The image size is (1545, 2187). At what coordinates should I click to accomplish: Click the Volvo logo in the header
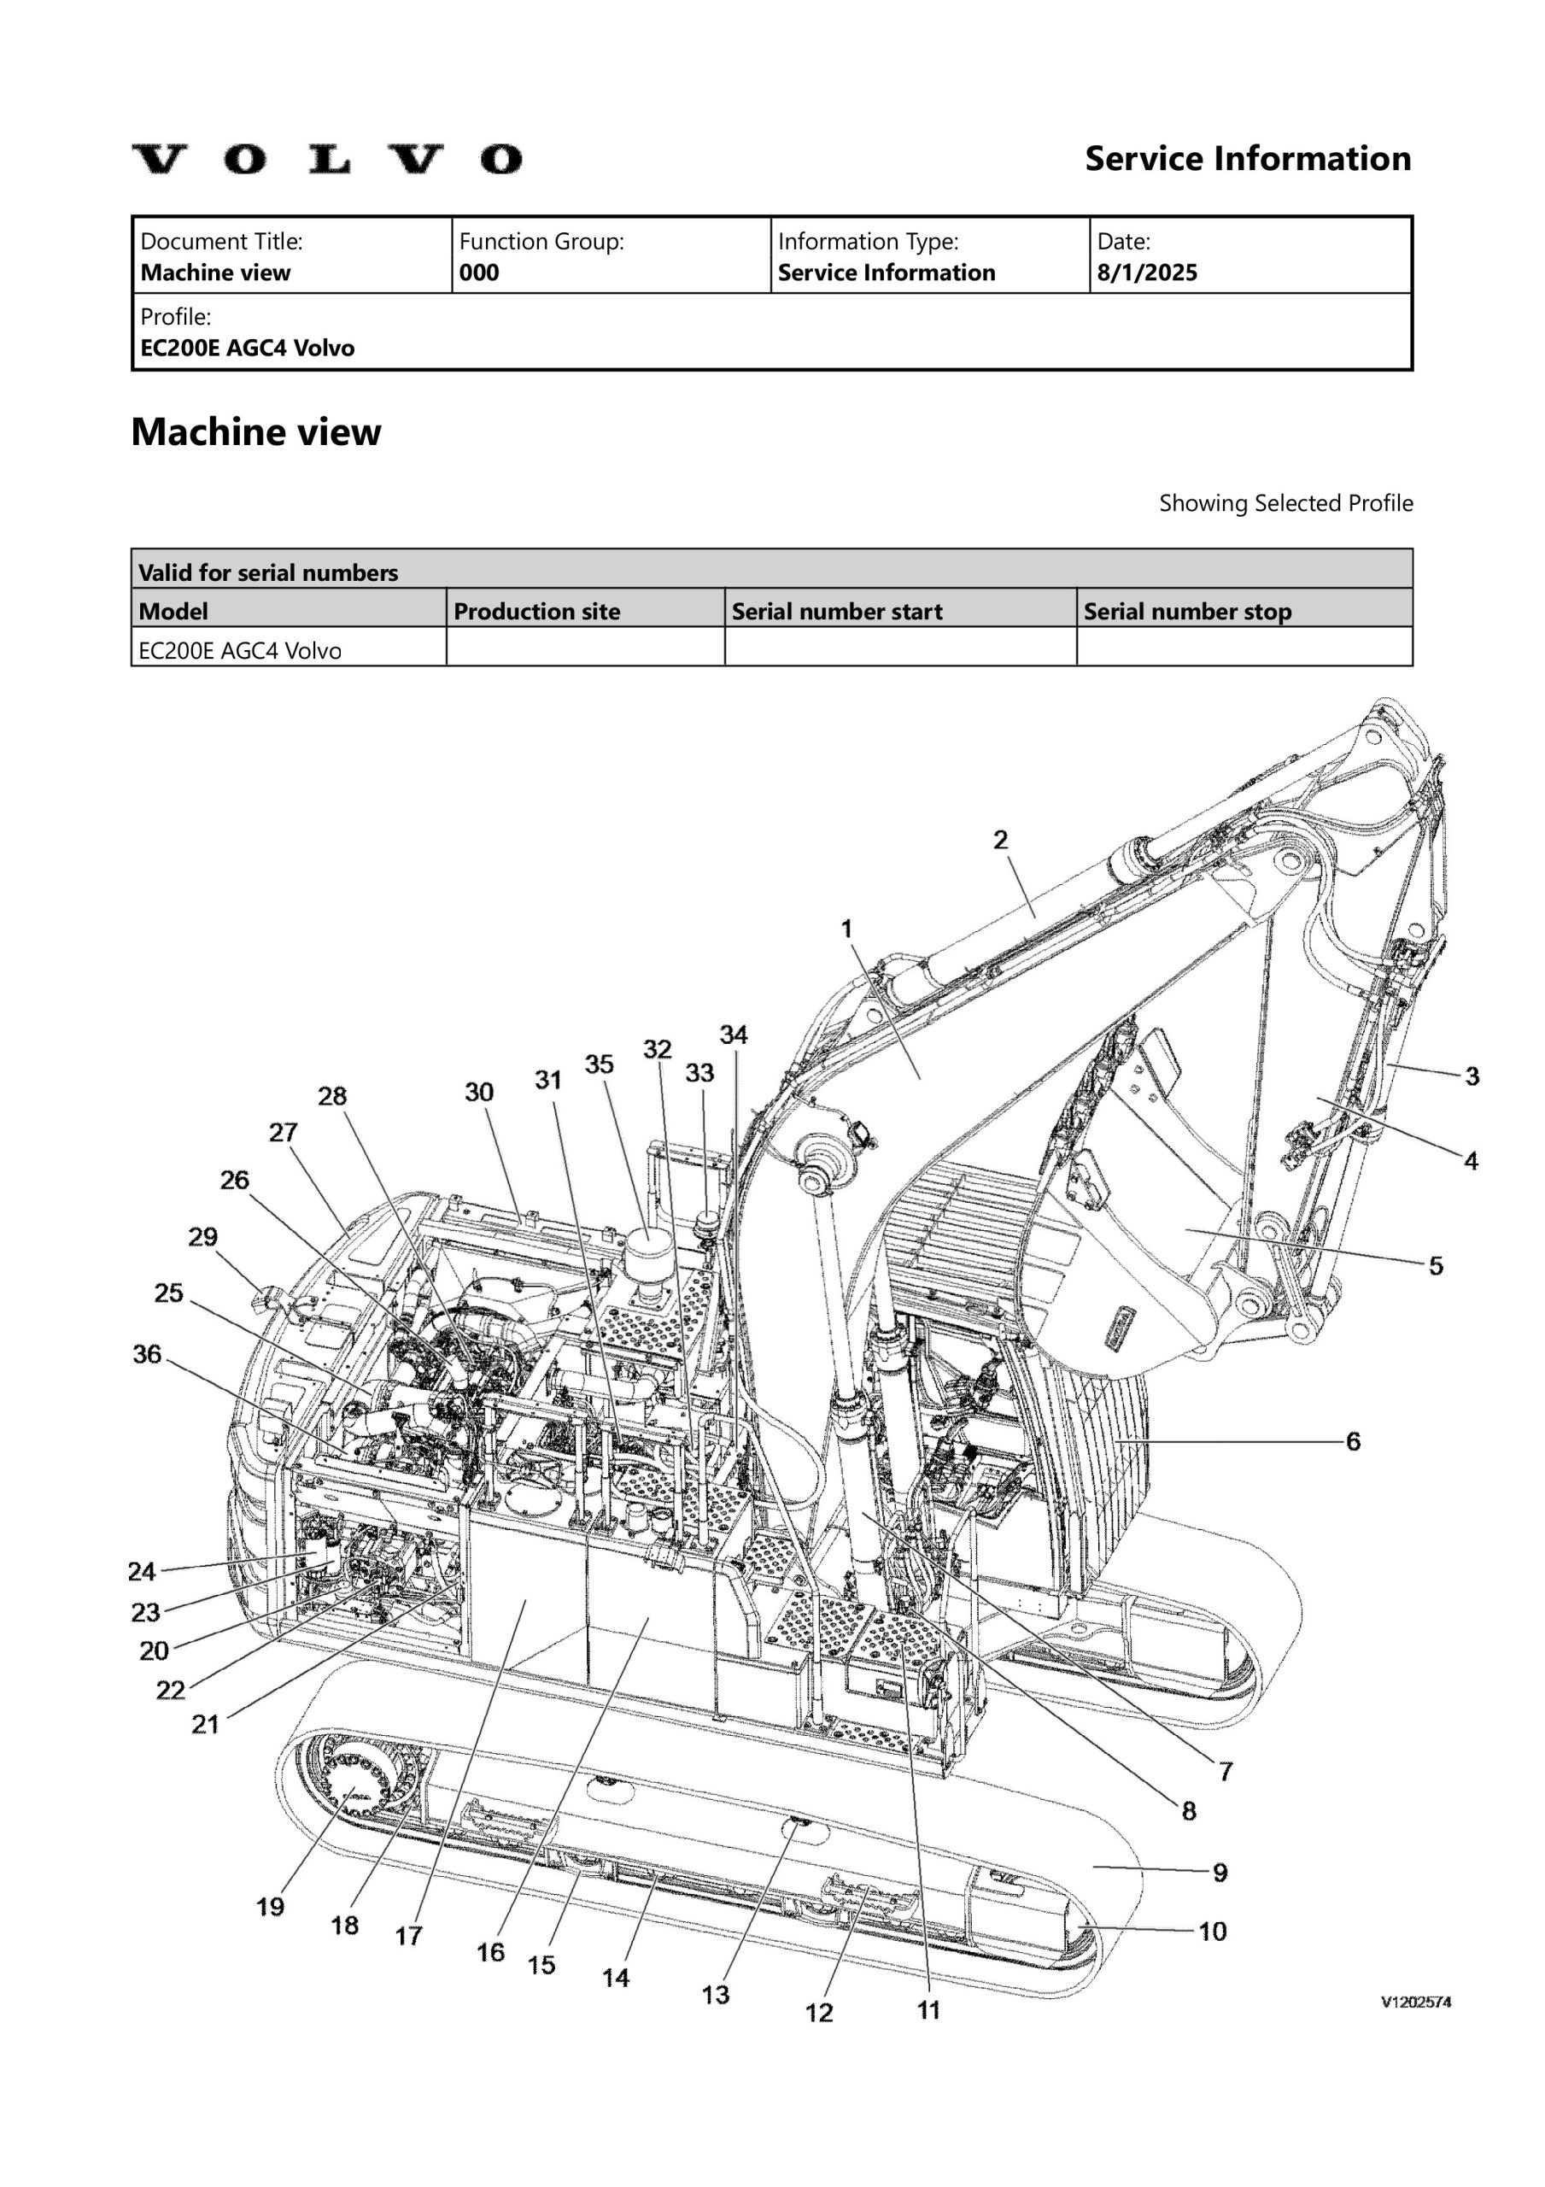coord(327,159)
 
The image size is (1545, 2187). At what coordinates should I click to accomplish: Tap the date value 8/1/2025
coord(1147,273)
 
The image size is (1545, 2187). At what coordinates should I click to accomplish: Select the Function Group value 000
coord(478,273)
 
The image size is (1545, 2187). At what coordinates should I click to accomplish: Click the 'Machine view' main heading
coord(255,432)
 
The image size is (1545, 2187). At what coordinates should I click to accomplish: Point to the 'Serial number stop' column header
coord(1187,612)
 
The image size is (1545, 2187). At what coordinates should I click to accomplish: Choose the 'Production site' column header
coord(536,612)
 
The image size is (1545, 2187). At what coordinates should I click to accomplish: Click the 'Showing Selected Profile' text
coord(1285,503)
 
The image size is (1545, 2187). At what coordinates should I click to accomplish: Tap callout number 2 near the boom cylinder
coord(1000,839)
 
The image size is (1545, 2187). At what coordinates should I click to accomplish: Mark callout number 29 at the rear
coord(202,1236)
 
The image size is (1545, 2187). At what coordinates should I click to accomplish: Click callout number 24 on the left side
coord(142,1571)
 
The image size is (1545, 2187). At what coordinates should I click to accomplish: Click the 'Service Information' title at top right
coord(1248,159)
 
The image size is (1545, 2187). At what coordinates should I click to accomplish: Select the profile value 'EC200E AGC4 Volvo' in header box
coord(248,349)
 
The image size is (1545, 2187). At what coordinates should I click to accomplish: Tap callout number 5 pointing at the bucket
coord(1436,1265)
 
